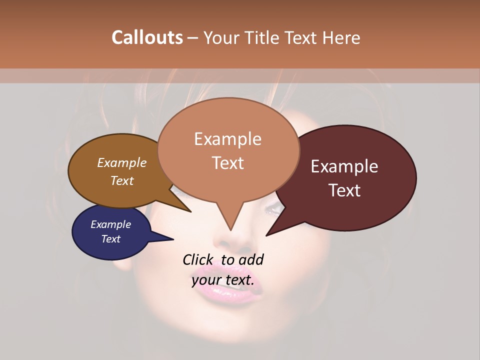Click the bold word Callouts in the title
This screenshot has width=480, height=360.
tap(147, 37)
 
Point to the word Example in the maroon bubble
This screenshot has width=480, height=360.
tap(344, 166)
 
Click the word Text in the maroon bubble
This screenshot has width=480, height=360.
tap(344, 190)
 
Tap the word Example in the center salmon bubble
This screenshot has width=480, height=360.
tap(227, 139)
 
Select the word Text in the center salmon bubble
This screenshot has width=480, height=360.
tap(227, 163)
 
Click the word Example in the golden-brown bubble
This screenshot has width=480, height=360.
tap(121, 163)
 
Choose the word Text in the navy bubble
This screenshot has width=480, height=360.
tap(111, 239)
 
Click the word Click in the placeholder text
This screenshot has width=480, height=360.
tap(198, 259)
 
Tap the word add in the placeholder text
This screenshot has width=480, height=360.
tap(251, 259)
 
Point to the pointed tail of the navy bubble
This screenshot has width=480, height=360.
tap(172, 239)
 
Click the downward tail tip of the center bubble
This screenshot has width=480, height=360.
tap(230, 229)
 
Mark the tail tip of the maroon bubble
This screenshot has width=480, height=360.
tap(266, 235)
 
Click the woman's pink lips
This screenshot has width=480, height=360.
tap(227, 287)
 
